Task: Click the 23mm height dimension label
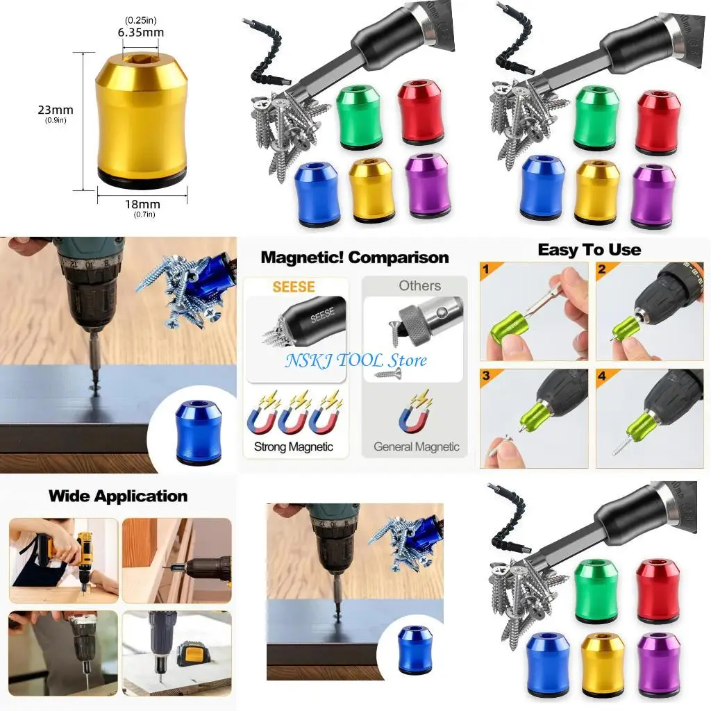(x=56, y=110)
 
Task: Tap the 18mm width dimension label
(x=142, y=204)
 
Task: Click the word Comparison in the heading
(x=399, y=258)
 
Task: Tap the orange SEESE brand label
(x=294, y=287)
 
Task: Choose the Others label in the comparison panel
(x=419, y=285)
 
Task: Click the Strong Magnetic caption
(x=294, y=446)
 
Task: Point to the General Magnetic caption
(x=417, y=446)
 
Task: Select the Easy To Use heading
(x=589, y=250)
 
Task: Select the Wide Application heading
(x=118, y=496)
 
